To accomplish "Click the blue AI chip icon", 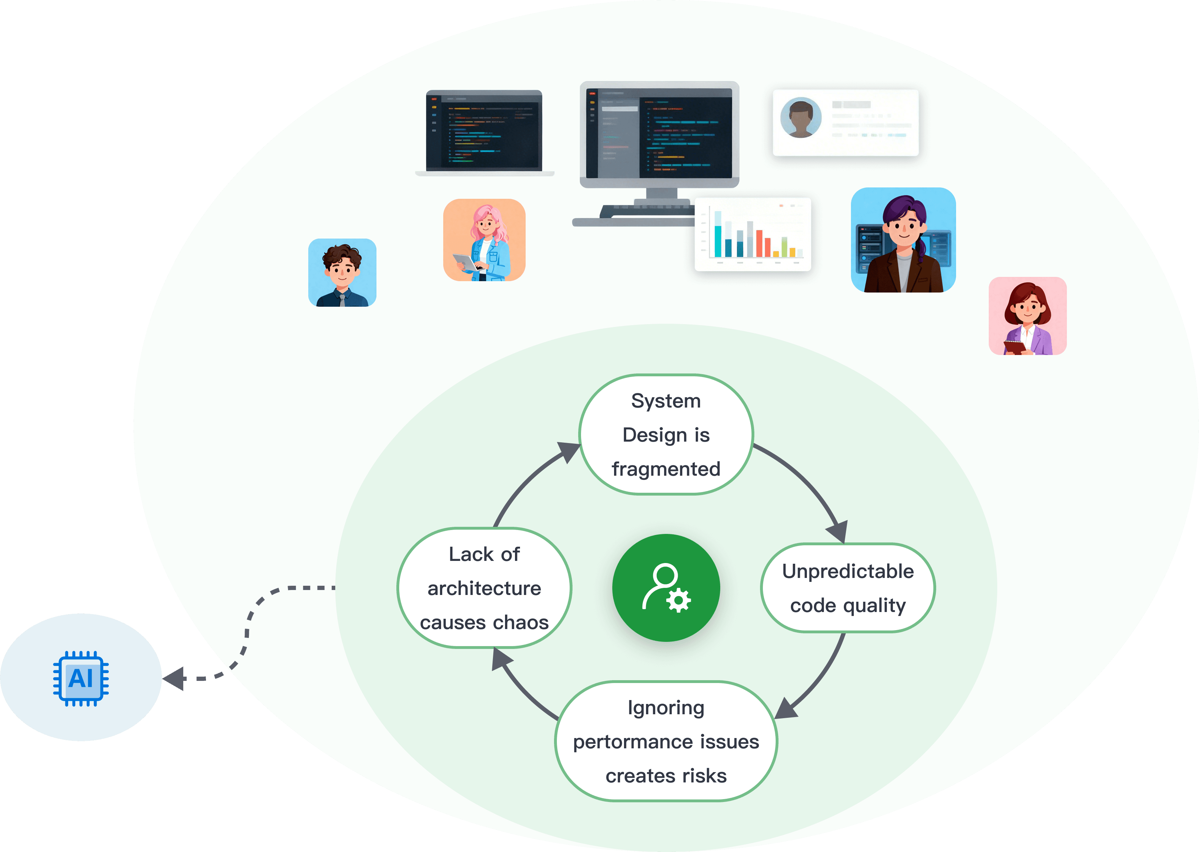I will coord(81,678).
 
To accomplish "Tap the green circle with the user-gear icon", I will coord(666,588).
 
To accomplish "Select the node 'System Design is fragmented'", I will coord(666,435).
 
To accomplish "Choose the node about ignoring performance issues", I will coord(666,741).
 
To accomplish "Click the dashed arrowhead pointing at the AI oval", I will coord(176,678).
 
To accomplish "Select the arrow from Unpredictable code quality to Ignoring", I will coord(819,677).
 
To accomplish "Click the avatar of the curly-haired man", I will coord(342,273).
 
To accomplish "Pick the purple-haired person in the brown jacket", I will coord(903,240).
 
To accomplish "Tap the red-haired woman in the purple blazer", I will coord(1027,316).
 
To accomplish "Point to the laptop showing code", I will coord(484,131).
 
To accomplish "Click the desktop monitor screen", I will coord(660,134).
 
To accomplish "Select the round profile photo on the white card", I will coord(801,118).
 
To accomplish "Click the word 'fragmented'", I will coord(666,469).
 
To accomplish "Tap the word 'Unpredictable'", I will coord(847,571).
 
